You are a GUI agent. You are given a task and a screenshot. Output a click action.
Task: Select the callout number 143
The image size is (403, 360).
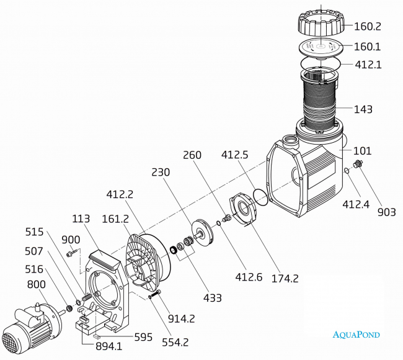(363, 109)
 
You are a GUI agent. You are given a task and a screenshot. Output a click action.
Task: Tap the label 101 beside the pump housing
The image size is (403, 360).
(363, 150)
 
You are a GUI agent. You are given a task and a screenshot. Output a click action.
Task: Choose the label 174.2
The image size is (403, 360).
(285, 277)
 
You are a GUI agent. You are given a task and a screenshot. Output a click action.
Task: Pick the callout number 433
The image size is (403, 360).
(212, 297)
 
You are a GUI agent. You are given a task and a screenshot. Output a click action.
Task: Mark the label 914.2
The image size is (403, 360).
(181, 319)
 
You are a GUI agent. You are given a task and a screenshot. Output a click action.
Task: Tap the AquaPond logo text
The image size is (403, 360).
(356, 335)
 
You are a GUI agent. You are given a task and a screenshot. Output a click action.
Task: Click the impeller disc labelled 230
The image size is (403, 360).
(201, 232)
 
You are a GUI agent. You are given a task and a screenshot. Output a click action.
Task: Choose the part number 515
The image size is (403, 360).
(34, 232)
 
